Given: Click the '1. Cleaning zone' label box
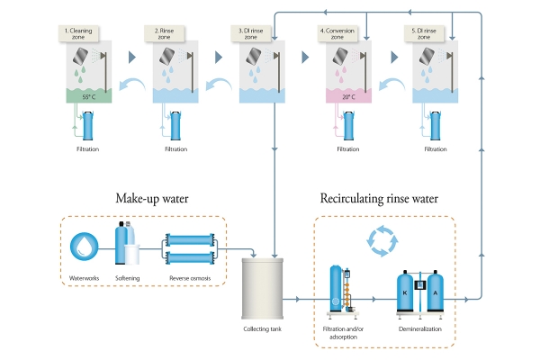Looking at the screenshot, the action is (x=78, y=34).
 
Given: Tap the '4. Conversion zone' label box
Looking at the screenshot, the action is (x=337, y=34).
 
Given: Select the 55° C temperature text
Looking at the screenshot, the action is (x=89, y=97).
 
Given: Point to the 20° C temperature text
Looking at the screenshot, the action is (x=348, y=97).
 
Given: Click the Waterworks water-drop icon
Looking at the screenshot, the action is (x=84, y=247).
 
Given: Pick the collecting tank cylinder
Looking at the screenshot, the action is (x=263, y=289).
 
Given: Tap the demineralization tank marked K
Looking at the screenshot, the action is (x=405, y=292).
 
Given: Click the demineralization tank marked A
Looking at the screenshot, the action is (x=436, y=292).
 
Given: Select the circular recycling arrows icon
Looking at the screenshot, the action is (x=382, y=241).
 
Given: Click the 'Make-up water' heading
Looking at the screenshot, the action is (x=152, y=199).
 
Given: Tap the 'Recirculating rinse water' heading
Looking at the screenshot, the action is (x=379, y=199).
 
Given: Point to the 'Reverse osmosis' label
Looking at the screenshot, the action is (x=190, y=278).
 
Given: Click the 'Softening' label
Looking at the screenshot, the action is (x=128, y=278).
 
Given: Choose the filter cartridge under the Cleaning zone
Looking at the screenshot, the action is (x=88, y=125).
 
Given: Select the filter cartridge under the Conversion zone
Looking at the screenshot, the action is (x=349, y=125).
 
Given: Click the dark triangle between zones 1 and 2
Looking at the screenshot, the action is (x=132, y=58).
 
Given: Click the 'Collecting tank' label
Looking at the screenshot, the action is (x=263, y=329).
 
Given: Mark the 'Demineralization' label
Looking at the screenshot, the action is (x=420, y=329).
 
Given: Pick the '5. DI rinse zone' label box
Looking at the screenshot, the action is (x=424, y=34).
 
